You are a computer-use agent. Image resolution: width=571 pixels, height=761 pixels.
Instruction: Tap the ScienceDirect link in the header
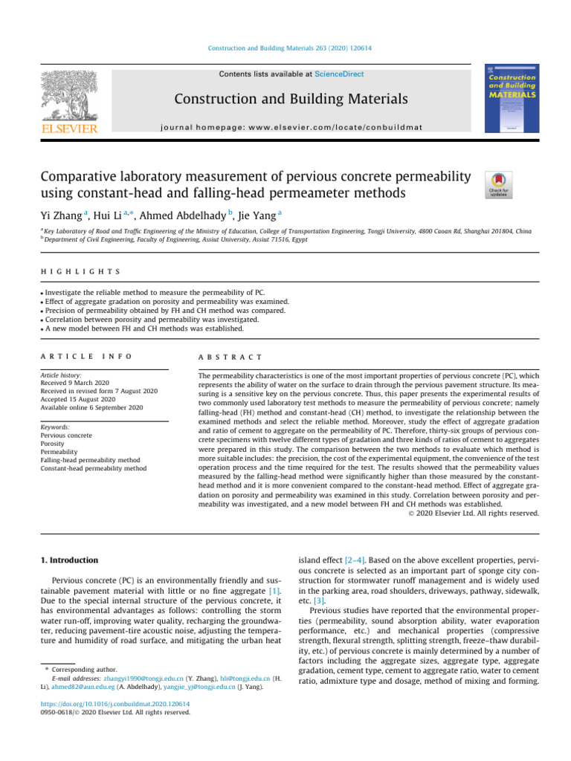(339, 74)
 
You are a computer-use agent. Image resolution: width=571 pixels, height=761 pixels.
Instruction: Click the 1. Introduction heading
(68, 560)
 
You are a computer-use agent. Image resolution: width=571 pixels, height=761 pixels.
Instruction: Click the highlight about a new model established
(139, 328)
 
